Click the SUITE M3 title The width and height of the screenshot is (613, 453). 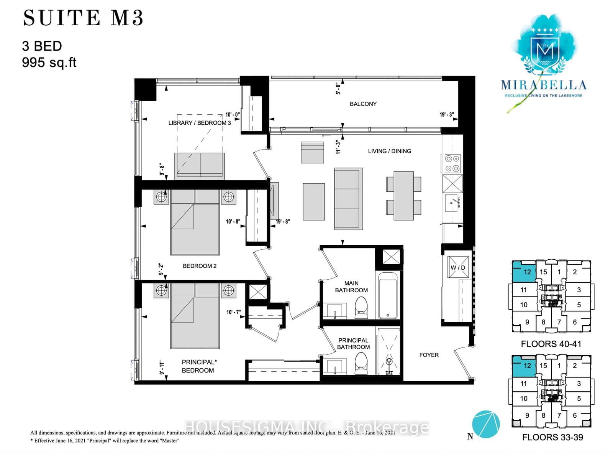(83, 18)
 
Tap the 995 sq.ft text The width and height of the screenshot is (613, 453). (49, 62)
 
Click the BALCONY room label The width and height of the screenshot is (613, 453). (363, 104)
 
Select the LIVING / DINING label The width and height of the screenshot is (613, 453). (389, 151)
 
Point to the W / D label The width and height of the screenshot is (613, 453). (458, 267)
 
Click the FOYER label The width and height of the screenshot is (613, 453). (429, 355)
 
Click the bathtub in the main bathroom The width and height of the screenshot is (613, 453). (387, 295)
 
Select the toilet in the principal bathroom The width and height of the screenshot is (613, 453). (361, 363)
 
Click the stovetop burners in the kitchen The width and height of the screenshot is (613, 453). (452, 164)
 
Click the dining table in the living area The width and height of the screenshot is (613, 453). (403, 196)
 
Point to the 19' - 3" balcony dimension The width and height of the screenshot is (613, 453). (446, 115)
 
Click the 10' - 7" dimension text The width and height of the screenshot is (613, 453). (233, 312)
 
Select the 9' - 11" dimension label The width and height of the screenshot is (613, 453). (162, 367)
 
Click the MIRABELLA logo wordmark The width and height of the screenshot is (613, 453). (543, 85)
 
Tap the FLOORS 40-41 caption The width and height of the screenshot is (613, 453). (551, 344)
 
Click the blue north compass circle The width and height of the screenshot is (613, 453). (486, 425)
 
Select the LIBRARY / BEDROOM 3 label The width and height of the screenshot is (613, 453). (199, 123)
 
